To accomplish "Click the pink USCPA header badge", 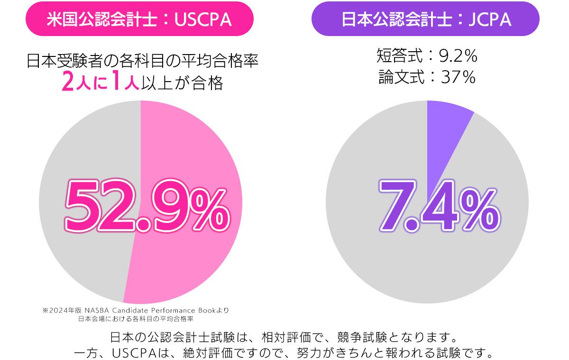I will point(139,19).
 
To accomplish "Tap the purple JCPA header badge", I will point(425,19).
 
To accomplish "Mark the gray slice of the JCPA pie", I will point(427,266).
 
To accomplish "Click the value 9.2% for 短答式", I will point(458,57).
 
